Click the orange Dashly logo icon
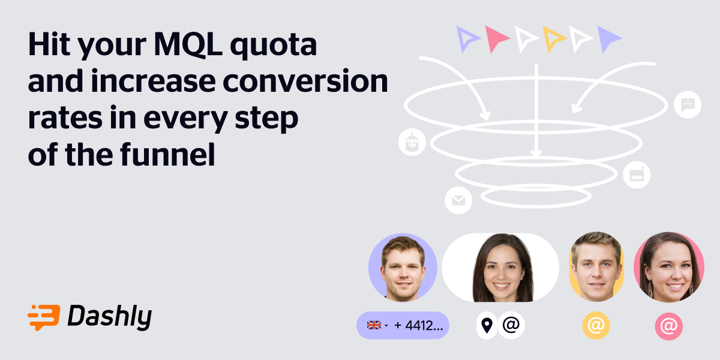(x=44, y=317)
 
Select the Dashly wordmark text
(x=109, y=317)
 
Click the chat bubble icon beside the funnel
(x=688, y=104)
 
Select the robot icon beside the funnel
(x=412, y=142)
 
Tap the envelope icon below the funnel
(x=458, y=200)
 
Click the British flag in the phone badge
(x=374, y=325)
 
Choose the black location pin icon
(x=487, y=325)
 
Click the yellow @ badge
(x=596, y=326)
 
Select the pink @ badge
(x=668, y=326)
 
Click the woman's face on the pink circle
(x=669, y=268)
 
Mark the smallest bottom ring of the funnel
(x=536, y=196)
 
